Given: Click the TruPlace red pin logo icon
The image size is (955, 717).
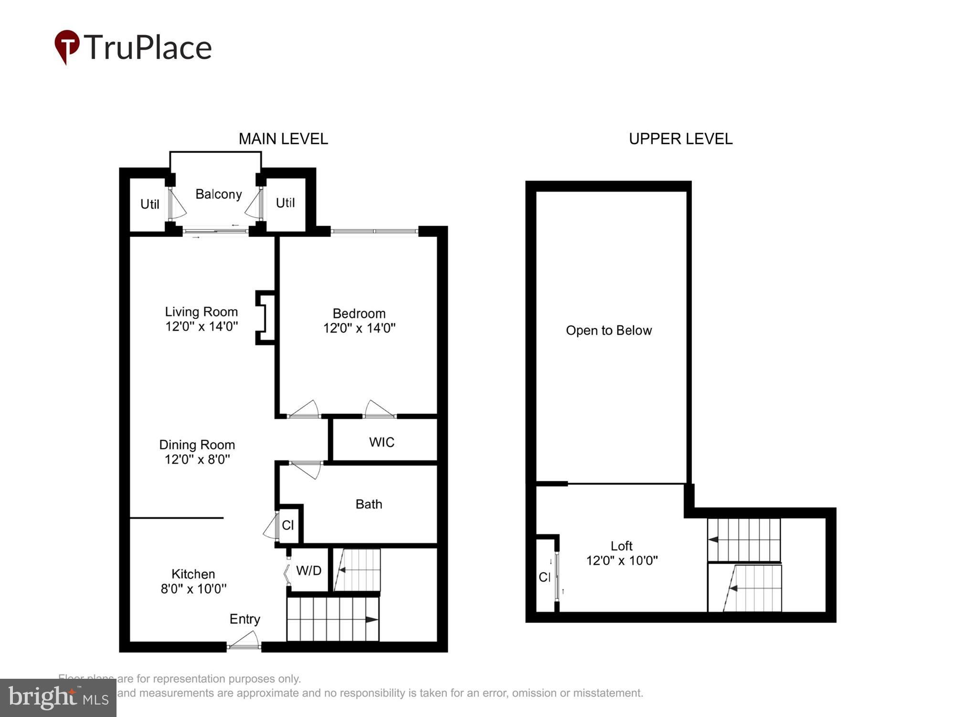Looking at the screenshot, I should pyautogui.click(x=66, y=46).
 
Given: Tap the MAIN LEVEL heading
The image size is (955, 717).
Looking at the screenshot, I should pyautogui.click(x=283, y=139).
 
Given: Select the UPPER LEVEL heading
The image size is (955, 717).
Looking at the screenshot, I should pyautogui.click(x=680, y=139).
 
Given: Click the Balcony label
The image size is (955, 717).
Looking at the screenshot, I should pyautogui.click(x=218, y=194).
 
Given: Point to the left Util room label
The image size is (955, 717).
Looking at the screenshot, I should pyautogui.click(x=149, y=204).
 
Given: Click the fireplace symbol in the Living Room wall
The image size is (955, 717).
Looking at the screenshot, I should pyautogui.click(x=265, y=317).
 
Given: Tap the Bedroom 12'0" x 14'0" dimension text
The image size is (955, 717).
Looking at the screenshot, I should pyautogui.click(x=359, y=328).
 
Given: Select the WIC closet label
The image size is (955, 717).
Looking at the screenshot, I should pyautogui.click(x=382, y=442).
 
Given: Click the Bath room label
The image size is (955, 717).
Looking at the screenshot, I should pyautogui.click(x=369, y=504).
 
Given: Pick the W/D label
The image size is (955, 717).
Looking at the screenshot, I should pyautogui.click(x=308, y=570).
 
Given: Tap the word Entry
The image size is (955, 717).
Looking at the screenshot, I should pyautogui.click(x=244, y=619).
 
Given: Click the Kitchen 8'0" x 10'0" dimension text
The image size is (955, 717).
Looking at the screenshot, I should pyautogui.click(x=193, y=588).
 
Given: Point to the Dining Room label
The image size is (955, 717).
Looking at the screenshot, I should pyautogui.click(x=197, y=445).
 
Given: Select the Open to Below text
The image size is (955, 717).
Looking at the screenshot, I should pyautogui.click(x=608, y=330).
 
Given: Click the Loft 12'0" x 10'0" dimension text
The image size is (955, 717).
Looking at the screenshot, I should pyautogui.click(x=622, y=560).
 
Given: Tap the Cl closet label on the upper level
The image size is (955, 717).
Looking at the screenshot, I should pyautogui.click(x=544, y=577).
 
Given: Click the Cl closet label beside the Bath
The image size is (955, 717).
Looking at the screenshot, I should pyautogui.click(x=287, y=525).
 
